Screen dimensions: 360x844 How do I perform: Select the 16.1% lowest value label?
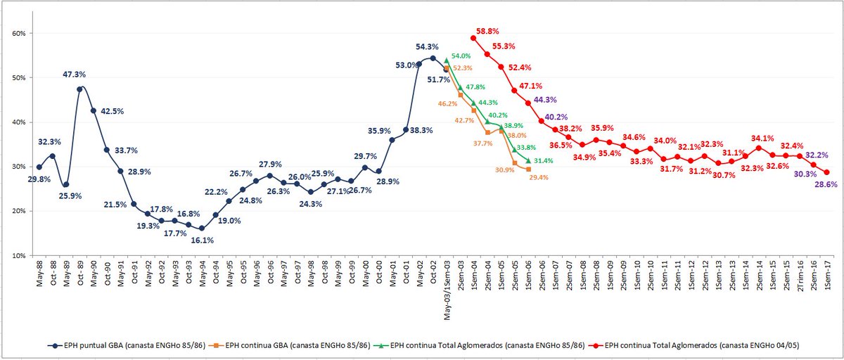click(x=203, y=240)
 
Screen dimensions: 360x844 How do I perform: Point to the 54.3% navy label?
click(x=430, y=46)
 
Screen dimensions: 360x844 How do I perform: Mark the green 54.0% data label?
click(x=461, y=56)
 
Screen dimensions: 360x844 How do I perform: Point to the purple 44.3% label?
click(x=545, y=100)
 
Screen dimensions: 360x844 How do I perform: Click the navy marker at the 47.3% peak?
click(x=79, y=89)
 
